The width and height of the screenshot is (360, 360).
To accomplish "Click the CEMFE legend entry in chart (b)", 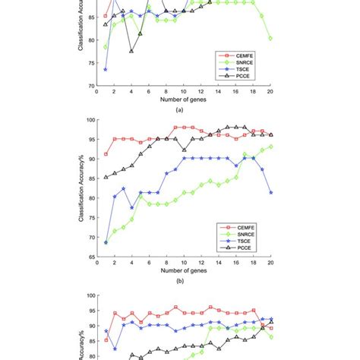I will pos(245,226).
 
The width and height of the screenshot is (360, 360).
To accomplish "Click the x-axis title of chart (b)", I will pos(182,270).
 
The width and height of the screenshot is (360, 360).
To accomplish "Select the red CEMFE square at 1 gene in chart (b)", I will pos(105,154).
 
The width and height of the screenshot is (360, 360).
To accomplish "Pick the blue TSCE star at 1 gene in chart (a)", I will pos(105,69).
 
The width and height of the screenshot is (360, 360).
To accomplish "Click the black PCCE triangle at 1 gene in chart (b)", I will pos(105,177).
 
